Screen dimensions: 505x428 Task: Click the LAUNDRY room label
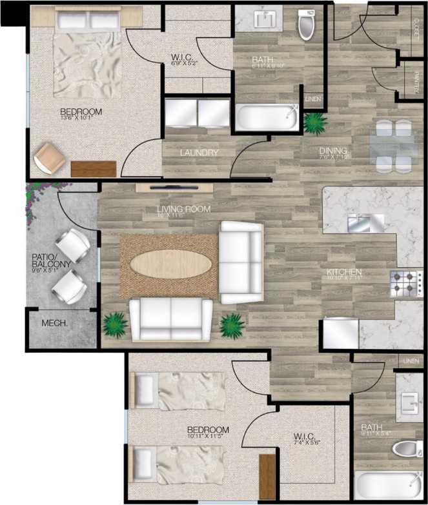coord(199,153)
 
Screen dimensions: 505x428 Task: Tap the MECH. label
coord(56,323)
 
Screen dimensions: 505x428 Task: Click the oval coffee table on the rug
coord(171,264)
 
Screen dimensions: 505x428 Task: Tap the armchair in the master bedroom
coord(49,157)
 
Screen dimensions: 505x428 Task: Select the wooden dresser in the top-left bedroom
coord(93,168)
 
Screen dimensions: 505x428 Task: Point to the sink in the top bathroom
coord(265,20)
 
